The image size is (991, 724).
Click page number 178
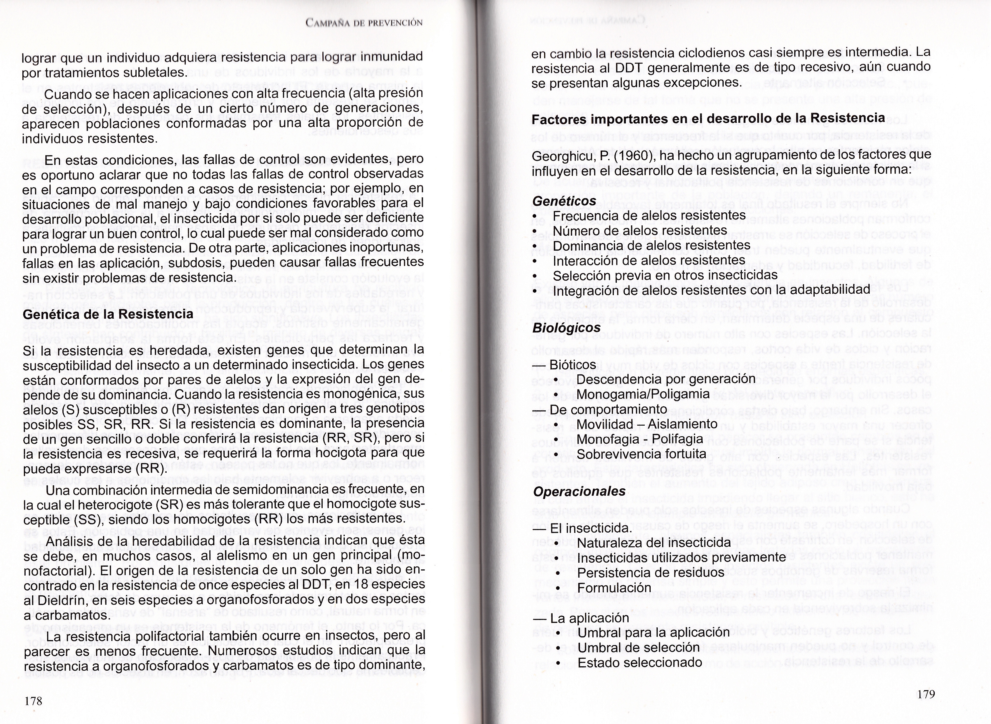(x=33, y=701)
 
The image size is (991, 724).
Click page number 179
(x=926, y=694)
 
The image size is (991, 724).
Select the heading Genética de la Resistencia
(x=108, y=314)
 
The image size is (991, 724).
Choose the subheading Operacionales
(x=579, y=491)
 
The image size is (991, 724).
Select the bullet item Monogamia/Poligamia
(x=643, y=394)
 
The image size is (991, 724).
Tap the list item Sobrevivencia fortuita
(x=642, y=454)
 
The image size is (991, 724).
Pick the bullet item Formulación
(x=614, y=587)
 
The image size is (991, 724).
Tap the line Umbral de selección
(x=638, y=647)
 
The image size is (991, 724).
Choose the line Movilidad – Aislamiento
(x=647, y=424)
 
